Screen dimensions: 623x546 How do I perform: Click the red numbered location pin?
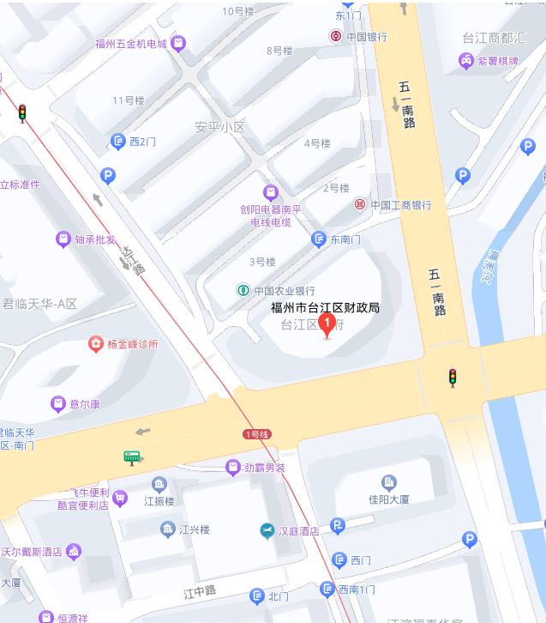326,324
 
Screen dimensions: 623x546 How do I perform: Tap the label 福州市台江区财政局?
325,307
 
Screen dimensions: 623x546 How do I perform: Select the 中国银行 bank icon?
335,36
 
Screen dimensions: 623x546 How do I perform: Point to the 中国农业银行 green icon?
243,290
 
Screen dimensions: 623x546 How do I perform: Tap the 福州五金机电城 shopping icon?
178,43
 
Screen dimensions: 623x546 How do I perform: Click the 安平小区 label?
219,127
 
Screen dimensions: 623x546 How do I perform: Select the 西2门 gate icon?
117,142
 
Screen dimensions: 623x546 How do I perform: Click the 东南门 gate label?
345,239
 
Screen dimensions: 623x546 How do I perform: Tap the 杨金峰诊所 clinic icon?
95,344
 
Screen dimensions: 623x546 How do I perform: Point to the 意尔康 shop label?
85,404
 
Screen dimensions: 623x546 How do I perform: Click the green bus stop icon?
131,457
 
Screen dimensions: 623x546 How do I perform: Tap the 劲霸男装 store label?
264,468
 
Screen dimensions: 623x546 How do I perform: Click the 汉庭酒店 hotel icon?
267,531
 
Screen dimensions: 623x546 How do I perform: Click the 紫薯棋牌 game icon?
465,61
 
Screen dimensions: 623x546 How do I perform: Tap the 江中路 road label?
200,591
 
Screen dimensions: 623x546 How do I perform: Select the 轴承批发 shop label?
95,239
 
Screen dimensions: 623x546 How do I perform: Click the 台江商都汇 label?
494,38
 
